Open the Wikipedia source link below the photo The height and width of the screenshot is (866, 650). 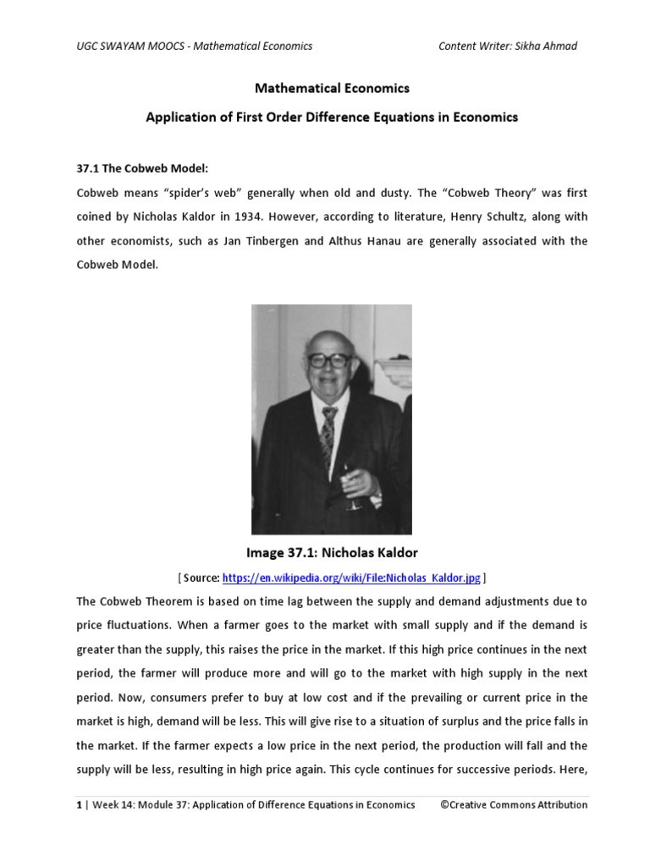[x=351, y=578]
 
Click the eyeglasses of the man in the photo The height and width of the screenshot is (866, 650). [x=328, y=360]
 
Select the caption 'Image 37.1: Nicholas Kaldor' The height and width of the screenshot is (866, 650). [x=332, y=553]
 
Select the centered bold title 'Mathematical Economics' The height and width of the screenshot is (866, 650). [x=332, y=88]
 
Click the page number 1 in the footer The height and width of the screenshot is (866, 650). [x=79, y=805]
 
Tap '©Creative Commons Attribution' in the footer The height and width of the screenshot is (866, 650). [x=514, y=805]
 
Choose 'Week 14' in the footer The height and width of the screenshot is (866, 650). [x=113, y=805]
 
